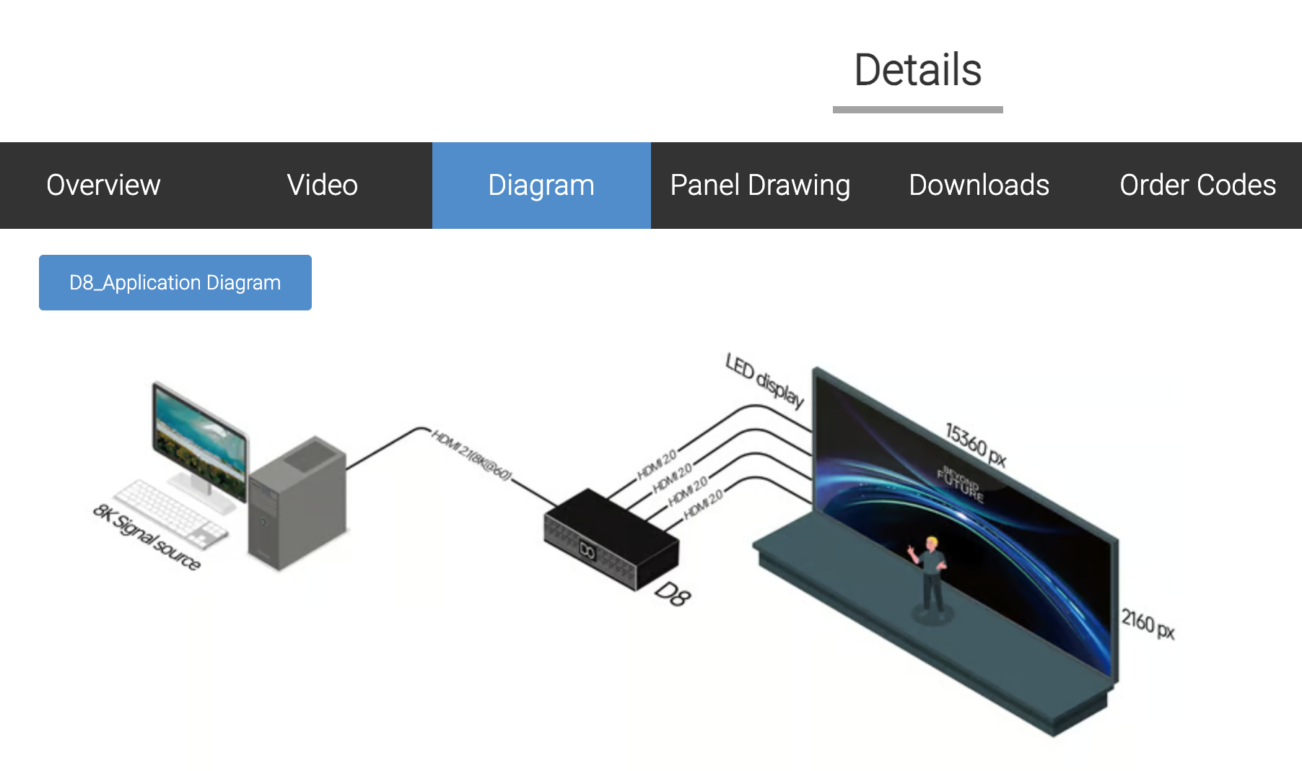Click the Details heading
point(917,70)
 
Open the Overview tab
point(103,186)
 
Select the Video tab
point(322,186)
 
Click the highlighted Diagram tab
point(541,186)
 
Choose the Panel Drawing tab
point(760,186)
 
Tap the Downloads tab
point(979,186)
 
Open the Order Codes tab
point(1197,186)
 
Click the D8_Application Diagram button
point(175,282)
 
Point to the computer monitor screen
point(200,440)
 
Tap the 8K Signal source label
point(147,536)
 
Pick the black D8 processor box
point(611,538)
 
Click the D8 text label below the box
point(673,594)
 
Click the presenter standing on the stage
point(930,574)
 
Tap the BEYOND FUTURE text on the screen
point(961,483)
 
